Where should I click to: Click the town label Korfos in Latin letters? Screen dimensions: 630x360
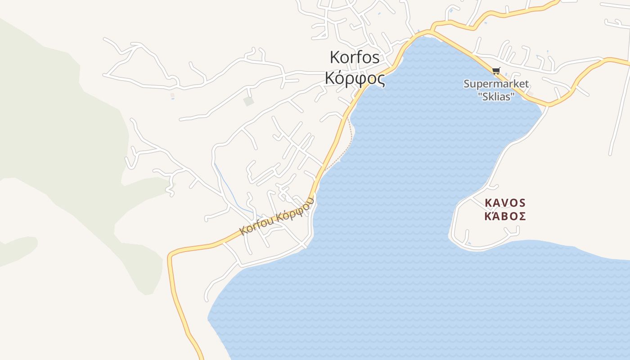(355, 58)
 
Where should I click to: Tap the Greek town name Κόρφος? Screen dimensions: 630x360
(355, 79)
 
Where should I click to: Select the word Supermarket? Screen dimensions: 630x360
(496, 84)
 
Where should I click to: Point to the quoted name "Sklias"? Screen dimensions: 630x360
(496, 96)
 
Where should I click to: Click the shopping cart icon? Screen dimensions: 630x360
(496, 71)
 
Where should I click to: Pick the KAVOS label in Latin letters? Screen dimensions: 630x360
(505, 203)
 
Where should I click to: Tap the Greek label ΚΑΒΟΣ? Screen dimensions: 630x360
(505, 216)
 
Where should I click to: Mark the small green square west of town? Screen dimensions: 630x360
(248, 101)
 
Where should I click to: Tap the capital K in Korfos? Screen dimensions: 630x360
(335, 58)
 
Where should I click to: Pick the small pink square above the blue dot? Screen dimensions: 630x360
(172, 94)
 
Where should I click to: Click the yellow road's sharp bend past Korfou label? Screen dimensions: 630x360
(171, 256)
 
